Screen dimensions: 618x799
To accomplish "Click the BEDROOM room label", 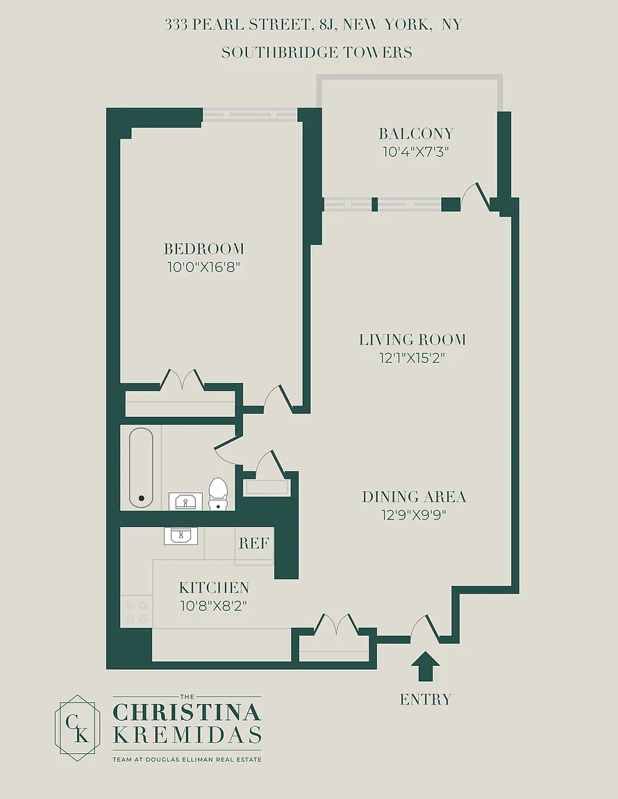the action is tap(203, 249).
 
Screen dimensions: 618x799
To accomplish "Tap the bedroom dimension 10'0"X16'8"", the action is tap(203, 267).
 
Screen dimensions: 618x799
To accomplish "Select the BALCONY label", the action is tap(416, 133).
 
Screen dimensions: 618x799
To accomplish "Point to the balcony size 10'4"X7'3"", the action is tap(416, 152).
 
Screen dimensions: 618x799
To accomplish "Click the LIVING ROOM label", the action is tap(412, 339).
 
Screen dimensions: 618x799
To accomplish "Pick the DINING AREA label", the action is tap(414, 497).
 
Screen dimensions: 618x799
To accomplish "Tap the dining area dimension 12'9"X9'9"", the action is tap(414, 515).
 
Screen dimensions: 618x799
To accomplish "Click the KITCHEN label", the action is tap(214, 587).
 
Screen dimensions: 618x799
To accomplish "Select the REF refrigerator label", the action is tap(253, 543).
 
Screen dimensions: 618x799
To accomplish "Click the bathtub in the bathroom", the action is tap(141, 467).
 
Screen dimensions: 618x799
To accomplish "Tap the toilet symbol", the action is tap(218, 493).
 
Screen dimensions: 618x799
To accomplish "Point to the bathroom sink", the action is tap(185, 501).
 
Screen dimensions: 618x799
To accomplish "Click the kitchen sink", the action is tap(181, 536).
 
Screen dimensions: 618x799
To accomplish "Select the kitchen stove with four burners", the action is tap(136, 612).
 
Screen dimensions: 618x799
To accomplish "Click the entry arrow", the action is tap(425, 667).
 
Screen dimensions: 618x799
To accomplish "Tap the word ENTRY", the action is tap(426, 699).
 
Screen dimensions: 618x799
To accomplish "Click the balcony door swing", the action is tap(474, 196).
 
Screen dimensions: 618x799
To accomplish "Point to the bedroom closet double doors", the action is tap(182, 379).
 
